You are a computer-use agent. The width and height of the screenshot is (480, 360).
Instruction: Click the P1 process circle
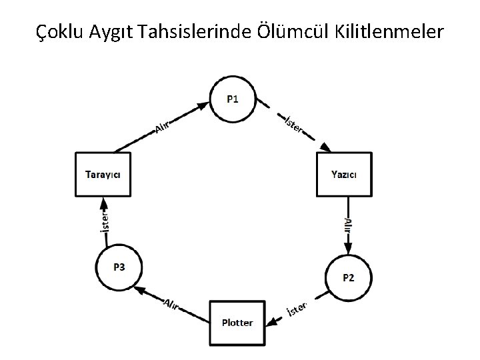(232, 100)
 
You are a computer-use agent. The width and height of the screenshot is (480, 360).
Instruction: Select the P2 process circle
(348, 277)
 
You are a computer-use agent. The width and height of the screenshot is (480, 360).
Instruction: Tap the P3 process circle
(119, 267)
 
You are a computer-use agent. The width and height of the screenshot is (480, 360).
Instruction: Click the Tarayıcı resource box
(103, 174)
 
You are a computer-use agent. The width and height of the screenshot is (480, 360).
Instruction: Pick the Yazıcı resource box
(344, 174)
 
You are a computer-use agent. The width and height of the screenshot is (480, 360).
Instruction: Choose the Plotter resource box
(237, 323)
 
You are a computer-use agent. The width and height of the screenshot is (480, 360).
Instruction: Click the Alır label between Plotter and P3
(172, 301)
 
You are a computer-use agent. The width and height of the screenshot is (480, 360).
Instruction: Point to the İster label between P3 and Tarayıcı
(103, 221)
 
